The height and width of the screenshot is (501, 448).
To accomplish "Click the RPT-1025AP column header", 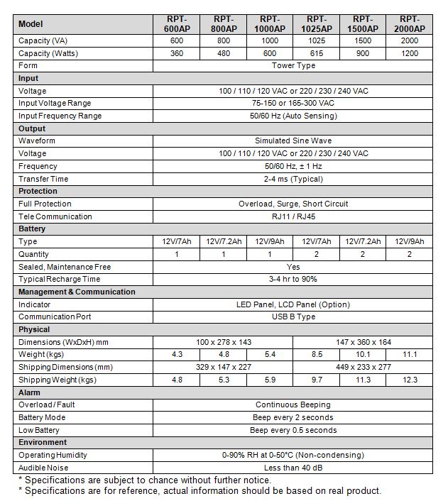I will (x=317, y=23).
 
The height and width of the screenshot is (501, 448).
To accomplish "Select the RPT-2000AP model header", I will (x=410, y=23).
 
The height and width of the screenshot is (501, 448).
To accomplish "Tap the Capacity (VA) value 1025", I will (x=317, y=40).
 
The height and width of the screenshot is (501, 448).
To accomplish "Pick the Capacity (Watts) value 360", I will (x=176, y=53).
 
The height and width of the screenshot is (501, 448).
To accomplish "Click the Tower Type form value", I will (x=293, y=66).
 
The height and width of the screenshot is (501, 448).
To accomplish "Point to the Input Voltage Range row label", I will (x=55, y=104).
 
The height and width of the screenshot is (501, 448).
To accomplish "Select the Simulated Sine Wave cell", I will (x=293, y=141).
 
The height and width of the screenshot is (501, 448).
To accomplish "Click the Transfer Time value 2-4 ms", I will (x=293, y=179).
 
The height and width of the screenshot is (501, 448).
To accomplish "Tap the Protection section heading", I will (x=38, y=192).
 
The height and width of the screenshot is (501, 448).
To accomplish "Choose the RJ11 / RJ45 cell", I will (x=293, y=216).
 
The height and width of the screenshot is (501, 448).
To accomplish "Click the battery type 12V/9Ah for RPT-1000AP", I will (x=269, y=242).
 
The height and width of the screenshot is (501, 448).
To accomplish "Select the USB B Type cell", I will (x=293, y=317).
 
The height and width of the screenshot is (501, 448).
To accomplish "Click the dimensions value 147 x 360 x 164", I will (x=363, y=342).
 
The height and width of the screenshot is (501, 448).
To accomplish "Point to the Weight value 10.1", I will (x=363, y=355).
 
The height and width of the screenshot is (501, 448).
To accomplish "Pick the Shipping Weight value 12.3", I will (x=410, y=380).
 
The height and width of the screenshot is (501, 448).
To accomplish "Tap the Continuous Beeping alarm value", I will (x=293, y=405).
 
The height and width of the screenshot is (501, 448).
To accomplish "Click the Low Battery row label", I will (x=39, y=430).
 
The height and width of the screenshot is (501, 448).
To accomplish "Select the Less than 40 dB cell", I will (x=293, y=468).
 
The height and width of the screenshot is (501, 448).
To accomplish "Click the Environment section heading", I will (x=43, y=443).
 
